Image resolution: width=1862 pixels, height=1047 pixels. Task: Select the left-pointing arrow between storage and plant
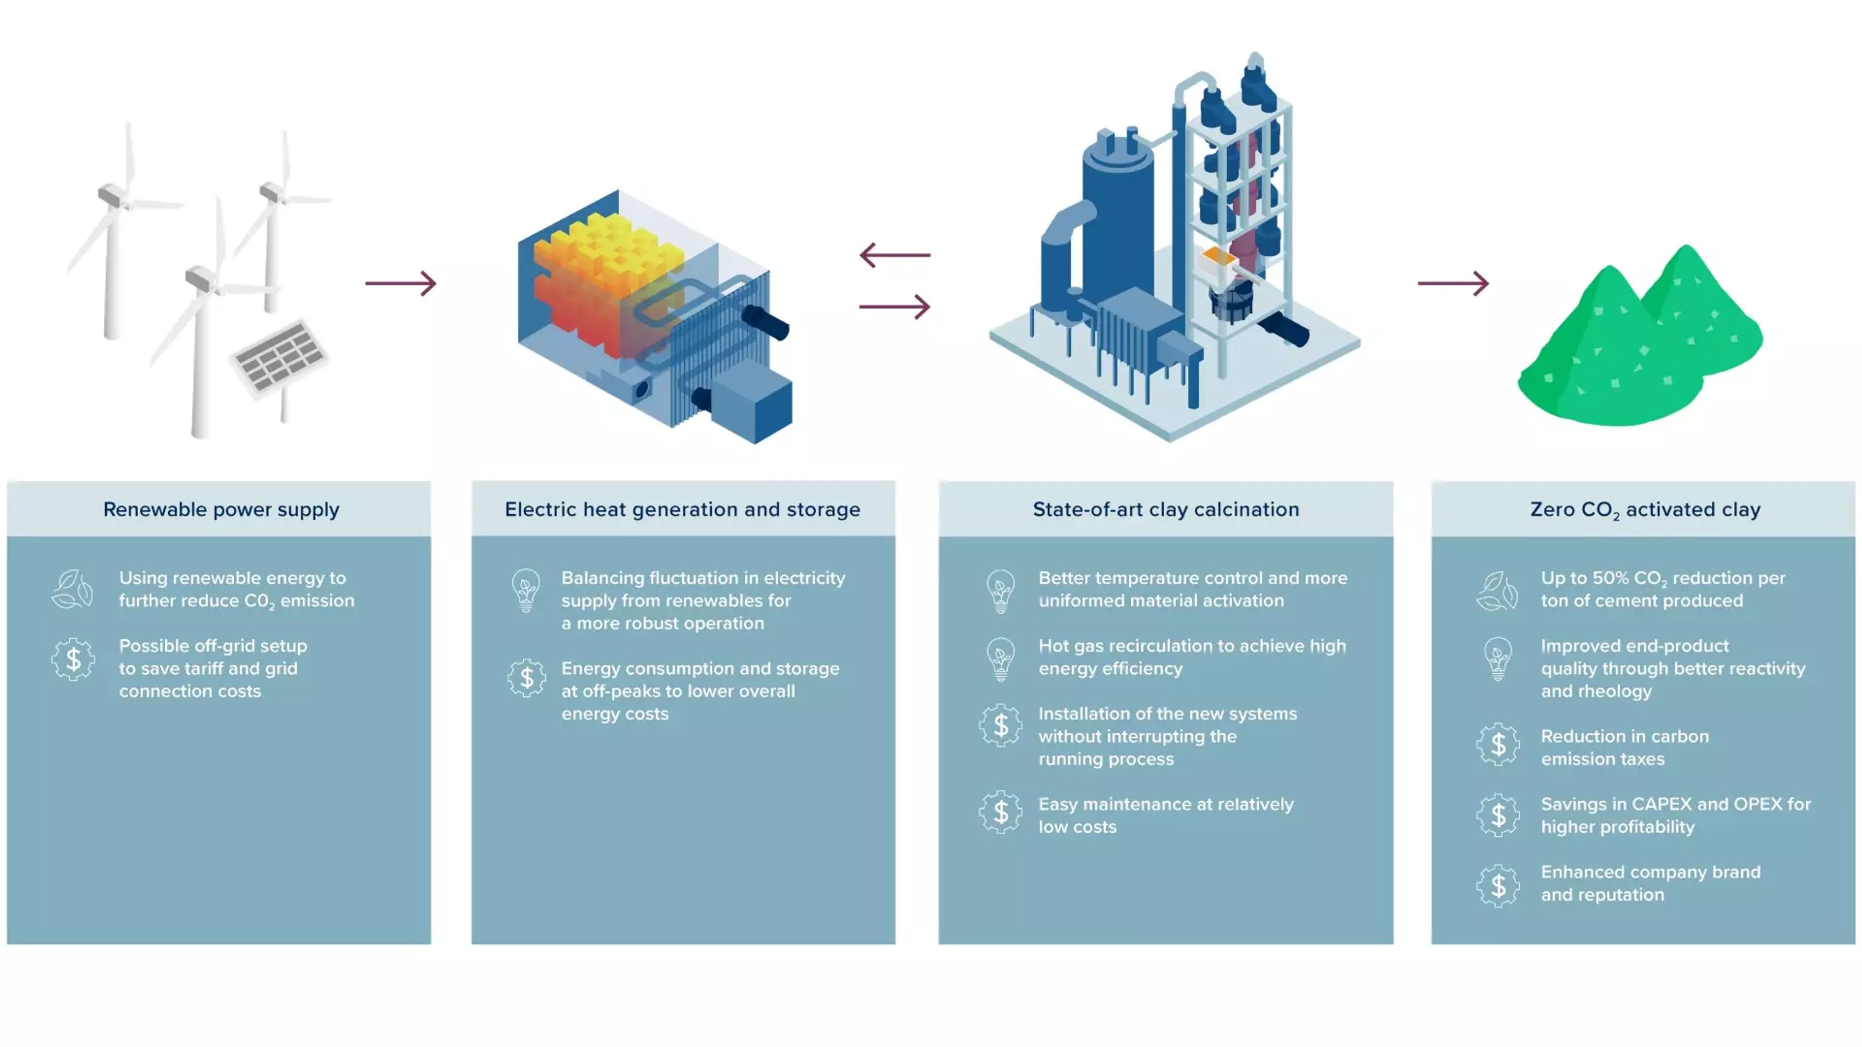coord(894,255)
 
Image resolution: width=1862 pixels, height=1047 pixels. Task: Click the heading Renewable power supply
coord(221,509)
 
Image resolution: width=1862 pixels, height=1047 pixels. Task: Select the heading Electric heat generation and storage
coord(682,509)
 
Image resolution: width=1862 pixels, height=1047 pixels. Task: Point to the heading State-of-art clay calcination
coord(1165,509)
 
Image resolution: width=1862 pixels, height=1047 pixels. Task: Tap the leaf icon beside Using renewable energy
coord(72,589)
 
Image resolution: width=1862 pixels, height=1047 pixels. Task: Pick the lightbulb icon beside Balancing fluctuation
coord(526,589)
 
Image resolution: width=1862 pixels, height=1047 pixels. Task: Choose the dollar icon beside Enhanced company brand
coord(1498,885)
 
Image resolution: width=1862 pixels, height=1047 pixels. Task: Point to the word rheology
coord(1616,692)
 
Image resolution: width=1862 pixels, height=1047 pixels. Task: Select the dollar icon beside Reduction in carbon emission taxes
coord(1498,745)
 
